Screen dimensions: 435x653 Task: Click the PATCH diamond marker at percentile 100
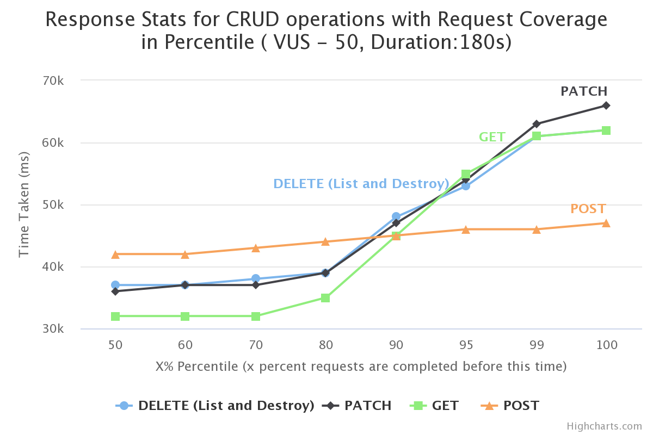click(606, 105)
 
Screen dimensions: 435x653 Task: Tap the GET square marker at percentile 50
click(115, 316)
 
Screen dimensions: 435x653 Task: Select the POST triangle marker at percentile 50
click(115, 254)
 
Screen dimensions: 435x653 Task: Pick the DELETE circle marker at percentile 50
click(115, 285)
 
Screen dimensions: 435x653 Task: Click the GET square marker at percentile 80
click(325, 298)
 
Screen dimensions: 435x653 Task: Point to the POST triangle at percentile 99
click(537, 229)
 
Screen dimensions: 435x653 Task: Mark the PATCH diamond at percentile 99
click(537, 124)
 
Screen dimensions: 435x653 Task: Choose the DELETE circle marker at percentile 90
click(396, 216)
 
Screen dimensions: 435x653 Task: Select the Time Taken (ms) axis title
click(24, 204)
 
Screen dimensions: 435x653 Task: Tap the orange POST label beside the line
click(588, 209)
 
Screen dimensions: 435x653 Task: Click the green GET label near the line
click(492, 137)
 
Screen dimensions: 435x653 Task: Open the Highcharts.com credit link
click(604, 426)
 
